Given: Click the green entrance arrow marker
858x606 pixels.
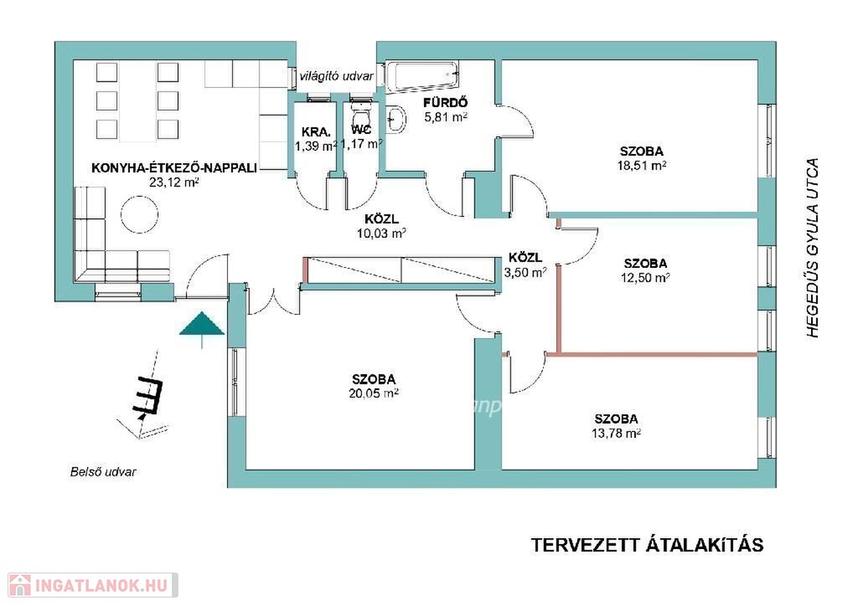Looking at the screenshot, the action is [x=202, y=326].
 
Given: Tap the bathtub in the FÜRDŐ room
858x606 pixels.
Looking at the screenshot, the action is [x=421, y=75].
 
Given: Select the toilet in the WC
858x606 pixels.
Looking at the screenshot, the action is [x=360, y=116].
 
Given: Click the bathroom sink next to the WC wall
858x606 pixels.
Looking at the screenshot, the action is [x=395, y=120].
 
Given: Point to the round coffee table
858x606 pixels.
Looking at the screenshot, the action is [x=140, y=215].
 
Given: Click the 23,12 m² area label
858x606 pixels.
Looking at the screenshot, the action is [x=174, y=182].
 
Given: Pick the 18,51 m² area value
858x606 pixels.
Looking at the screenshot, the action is [x=642, y=165].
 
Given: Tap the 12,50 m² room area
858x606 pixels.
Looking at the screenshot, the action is [x=645, y=278].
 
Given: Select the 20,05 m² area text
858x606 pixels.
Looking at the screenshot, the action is [x=374, y=393].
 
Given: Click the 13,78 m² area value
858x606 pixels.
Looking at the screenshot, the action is [x=616, y=434].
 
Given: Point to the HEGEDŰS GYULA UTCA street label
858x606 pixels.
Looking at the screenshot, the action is [x=813, y=248].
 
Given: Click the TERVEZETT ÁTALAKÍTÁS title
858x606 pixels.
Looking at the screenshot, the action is [x=648, y=545].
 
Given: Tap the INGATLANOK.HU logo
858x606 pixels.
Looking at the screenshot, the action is [x=93, y=585].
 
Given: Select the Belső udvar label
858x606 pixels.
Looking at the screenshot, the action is [x=103, y=472].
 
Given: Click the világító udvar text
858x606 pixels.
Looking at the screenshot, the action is [x=337, y=76].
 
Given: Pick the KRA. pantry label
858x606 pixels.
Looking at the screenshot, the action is [x=316, y=131].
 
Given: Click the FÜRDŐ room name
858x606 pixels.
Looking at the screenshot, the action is [x=446, y=103].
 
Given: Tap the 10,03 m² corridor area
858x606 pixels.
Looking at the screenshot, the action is [x=381, y=234].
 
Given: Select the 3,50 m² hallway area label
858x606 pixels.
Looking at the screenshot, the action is [x=525, y=272].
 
